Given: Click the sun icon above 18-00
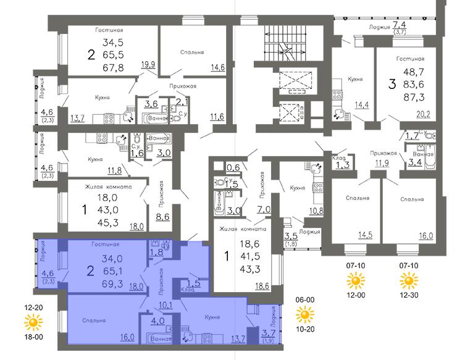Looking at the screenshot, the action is (33, 322).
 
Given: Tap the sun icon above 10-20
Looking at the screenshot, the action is (305, 314).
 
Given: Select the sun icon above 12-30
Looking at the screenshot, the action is (409, 280).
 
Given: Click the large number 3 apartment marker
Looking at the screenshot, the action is (392, 84).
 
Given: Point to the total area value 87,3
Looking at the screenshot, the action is (414, 97).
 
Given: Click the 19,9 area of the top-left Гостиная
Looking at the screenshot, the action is (148, 64).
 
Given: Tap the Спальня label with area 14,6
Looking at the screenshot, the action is (192, 52).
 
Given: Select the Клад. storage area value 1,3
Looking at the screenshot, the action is (343, 165).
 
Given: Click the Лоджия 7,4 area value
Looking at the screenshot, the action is (400, 25).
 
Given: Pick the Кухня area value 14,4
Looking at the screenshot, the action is (362, 104).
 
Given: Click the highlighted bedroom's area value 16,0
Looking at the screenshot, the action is (127, 337).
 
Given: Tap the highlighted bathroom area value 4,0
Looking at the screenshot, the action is (157, 321).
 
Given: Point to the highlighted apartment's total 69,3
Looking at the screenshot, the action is (113, 283).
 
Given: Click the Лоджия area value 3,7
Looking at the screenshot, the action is (269, 332).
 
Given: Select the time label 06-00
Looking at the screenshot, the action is (305, 299).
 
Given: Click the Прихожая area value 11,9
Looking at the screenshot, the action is (382, 162).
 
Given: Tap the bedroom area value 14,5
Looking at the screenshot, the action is (366, 235).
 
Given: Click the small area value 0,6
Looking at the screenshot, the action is (233, 167).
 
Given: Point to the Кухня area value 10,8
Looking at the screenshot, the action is (317, 210).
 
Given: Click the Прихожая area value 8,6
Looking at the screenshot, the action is (162, 217).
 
